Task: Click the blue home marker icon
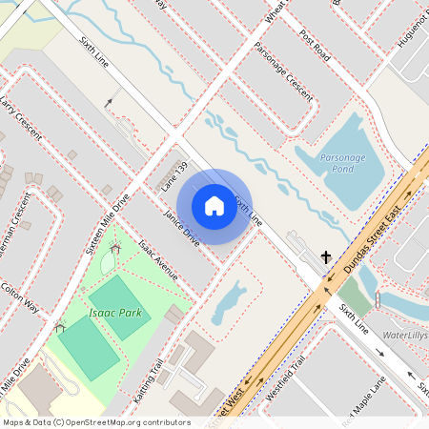(214, 205)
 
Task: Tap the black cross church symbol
(326, 257)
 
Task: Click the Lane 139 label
(174, 177)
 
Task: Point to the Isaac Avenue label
(158, 260)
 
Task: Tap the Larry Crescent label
(20, 115)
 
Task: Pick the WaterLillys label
(405, 336)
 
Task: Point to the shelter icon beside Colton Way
(59, 328)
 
